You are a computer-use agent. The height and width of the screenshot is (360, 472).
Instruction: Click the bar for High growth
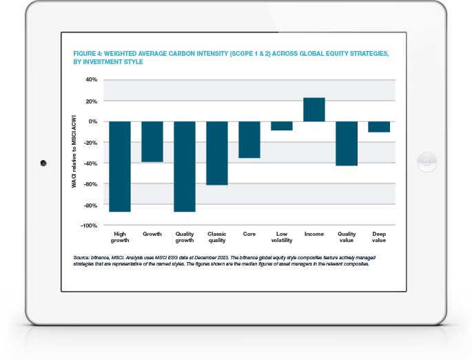pos(120,166)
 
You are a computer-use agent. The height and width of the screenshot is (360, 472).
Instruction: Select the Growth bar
pos(152,141)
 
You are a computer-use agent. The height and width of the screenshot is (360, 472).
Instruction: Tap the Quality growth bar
pos(185,166)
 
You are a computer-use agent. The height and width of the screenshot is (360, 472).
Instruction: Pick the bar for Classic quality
pos(217,153)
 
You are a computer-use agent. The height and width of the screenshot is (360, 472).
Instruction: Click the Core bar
pos(249,139)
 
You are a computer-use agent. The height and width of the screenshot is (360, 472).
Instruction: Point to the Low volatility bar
pos(282,126)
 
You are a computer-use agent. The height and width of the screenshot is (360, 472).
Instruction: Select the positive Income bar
pos(314,110)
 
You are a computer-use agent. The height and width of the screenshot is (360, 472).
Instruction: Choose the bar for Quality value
pos(347,143)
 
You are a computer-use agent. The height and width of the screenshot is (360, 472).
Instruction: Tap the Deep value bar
pos(379,126)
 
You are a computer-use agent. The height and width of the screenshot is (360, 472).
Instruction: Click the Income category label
pos(314,234)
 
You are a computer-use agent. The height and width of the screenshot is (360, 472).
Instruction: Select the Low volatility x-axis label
pos(282,238)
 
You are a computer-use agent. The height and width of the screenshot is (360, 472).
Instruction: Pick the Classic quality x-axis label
pos(217,238)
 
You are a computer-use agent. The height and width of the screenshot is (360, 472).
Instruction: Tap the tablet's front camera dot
pos(43,163)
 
